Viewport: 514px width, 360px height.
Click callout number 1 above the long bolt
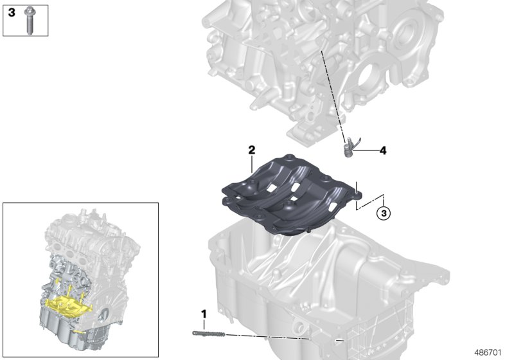coord(204,314)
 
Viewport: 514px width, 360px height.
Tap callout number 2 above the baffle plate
coord(252,150)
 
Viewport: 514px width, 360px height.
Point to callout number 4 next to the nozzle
coord(382,151)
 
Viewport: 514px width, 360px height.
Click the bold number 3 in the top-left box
coord(11,12)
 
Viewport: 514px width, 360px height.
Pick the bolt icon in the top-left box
coord(29,21)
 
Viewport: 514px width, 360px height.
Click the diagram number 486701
coord(490,352)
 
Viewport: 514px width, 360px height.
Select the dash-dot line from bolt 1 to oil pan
coord(270,336)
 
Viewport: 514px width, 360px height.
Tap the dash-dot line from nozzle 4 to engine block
coord(334,96)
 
